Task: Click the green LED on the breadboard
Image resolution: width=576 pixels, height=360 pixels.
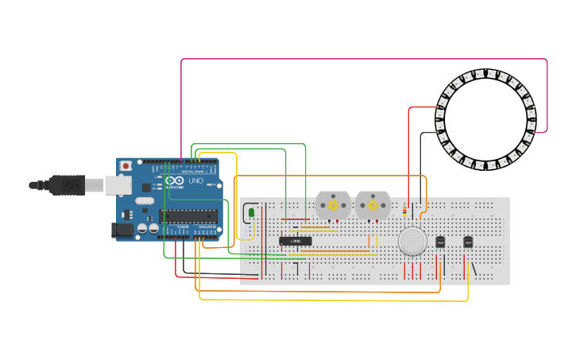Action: [251, 211]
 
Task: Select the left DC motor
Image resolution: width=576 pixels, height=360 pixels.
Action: [333, 205]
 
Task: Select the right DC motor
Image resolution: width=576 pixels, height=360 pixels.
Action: [373, 205]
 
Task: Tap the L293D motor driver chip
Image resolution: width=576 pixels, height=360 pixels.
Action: [296, 241]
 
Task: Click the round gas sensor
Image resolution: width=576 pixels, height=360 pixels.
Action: [412, 241]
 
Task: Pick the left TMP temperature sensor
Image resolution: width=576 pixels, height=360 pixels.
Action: [440, 242]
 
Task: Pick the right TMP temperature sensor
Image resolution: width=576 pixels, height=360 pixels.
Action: [468, 242]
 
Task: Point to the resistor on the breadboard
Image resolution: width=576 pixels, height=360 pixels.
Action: [404, 211]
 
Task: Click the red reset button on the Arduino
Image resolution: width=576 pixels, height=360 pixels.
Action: [126, 166]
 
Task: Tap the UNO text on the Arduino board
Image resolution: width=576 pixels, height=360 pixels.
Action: [195, 181]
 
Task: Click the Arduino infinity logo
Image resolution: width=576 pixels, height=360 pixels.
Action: [174, 181]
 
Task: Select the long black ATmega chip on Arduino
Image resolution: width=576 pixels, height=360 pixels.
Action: [189, 216]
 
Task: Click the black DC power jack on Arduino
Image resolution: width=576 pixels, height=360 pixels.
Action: [123, 230]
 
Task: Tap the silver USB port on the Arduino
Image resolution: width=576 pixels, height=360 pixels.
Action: [118, 185]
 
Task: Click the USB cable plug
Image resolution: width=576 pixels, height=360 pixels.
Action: [68, 185]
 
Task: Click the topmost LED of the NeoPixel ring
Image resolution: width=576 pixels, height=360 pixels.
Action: [485, 74]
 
